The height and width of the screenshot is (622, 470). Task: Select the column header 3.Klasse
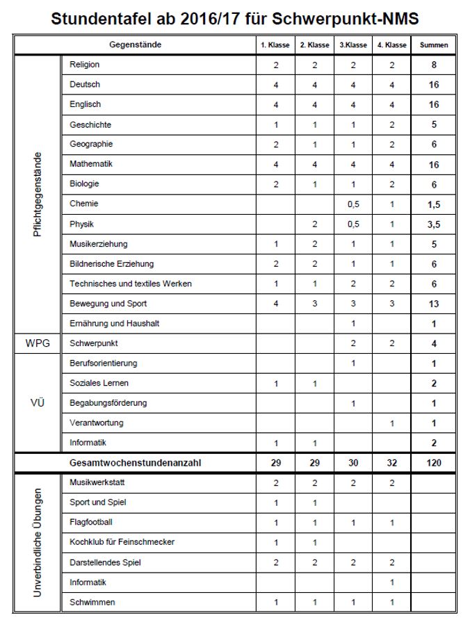pyautogui.click(x=353, y=45)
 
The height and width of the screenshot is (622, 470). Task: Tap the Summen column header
pyautogui.click(x=434, y=45)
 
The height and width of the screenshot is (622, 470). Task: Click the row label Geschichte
pyautogui.click(x=90, y=125)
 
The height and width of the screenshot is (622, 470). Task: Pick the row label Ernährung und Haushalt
pyautogui.click(x=114, y=324)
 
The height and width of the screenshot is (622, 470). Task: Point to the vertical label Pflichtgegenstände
pyautogui.click(x=38, y=195)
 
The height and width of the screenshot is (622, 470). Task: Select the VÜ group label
pyautogui.click(x=38, y=403)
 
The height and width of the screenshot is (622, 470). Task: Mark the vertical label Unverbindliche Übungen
pyautogui.click(x=38, y=542)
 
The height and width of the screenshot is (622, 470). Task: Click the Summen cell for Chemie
pyautogui.click(x=434, y=205)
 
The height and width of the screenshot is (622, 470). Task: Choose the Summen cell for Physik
pyautogui.click(x=434, y=225)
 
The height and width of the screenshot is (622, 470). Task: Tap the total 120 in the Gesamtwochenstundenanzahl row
pyautogui.click(x=434, y=463)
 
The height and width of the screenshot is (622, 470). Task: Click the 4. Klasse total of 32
pyautogui.click(x=392, y=463)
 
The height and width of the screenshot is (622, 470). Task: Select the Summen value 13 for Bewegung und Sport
pyautogui.click(x=434, y=304)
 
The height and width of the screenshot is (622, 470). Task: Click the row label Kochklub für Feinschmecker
pyautogui.click(x=122, y=542)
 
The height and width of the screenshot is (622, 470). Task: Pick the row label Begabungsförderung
pyautogui.click(x=108, y=403)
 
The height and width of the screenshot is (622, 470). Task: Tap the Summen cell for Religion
pyautogui.click(x=434, y=65)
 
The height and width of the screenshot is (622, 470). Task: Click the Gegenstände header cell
pyautogui.click(x=135, y=45)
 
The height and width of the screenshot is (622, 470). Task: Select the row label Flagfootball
pyautogui.click(x=91, y=522)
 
